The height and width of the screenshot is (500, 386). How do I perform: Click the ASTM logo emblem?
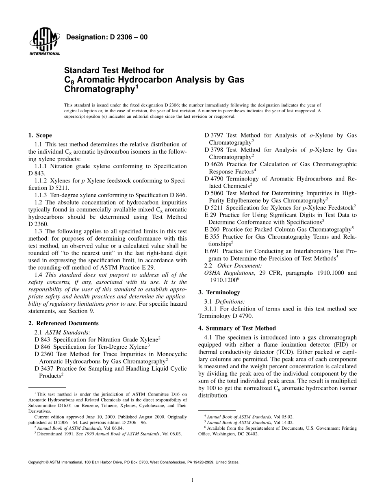(44, 42)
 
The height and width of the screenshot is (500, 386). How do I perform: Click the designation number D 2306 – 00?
(106, 37)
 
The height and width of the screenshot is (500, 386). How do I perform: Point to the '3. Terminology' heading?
(219, 292)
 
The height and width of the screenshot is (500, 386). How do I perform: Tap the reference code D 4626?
(215, 164)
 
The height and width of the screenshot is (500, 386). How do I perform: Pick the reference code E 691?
(213, 251)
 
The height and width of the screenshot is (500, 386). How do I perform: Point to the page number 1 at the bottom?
(193, 480)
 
